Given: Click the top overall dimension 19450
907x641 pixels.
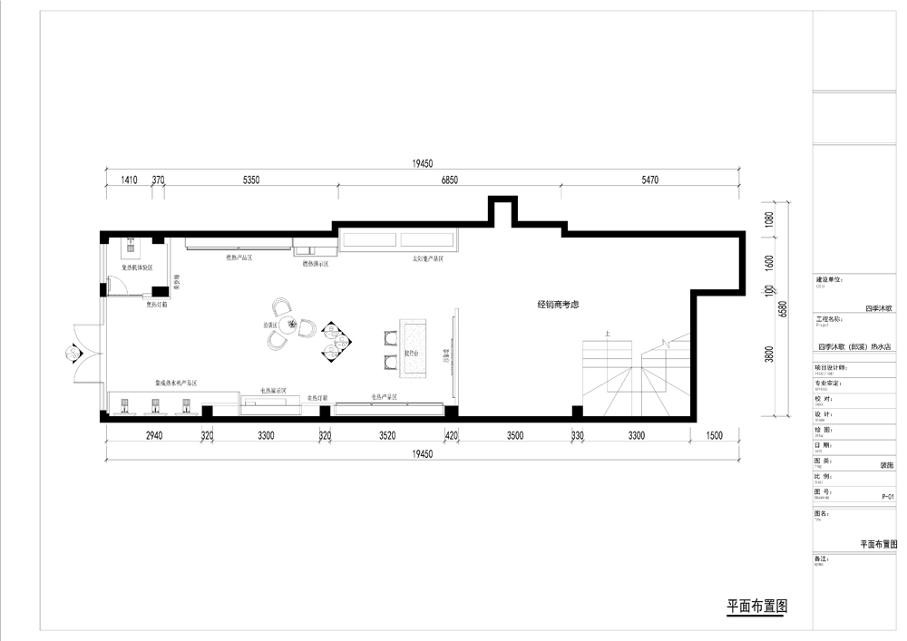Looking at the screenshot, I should (424, 164).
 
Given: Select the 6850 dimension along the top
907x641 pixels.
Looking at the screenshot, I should (450, 180).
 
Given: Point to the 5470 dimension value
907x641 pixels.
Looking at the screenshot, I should (649, 180).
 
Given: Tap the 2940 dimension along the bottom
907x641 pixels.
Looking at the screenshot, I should (154, 436).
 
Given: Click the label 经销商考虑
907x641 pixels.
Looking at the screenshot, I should (558, 306).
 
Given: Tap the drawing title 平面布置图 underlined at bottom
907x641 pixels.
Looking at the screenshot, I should (756, 606).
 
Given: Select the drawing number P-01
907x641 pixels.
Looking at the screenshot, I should (888, 497).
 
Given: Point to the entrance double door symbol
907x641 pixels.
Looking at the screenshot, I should (73, 351).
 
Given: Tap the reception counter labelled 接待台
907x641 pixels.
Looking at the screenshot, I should (414, 347).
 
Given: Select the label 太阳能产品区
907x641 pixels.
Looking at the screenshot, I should (428, 258).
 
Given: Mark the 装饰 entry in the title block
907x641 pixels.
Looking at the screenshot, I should (887, 465).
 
